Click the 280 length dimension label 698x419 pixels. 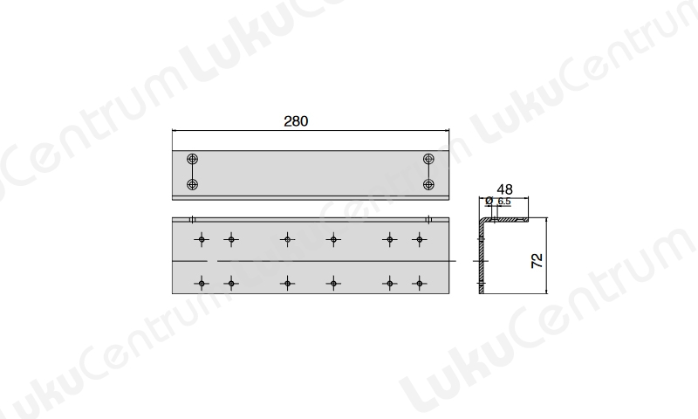tap(296, 121)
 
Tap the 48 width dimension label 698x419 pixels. tap(504, 189)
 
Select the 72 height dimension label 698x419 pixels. tap(537, 260)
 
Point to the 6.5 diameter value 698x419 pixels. tap(504, 202)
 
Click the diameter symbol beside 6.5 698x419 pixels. tap(489, 201)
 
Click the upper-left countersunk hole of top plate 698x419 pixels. tap(192, 159)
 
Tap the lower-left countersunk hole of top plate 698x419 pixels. tap(192, 184)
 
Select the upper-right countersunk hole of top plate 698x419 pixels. tap(428, 159)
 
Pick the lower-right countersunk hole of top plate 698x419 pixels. tap(428, 184)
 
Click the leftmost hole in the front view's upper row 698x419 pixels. tap(202, 240)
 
